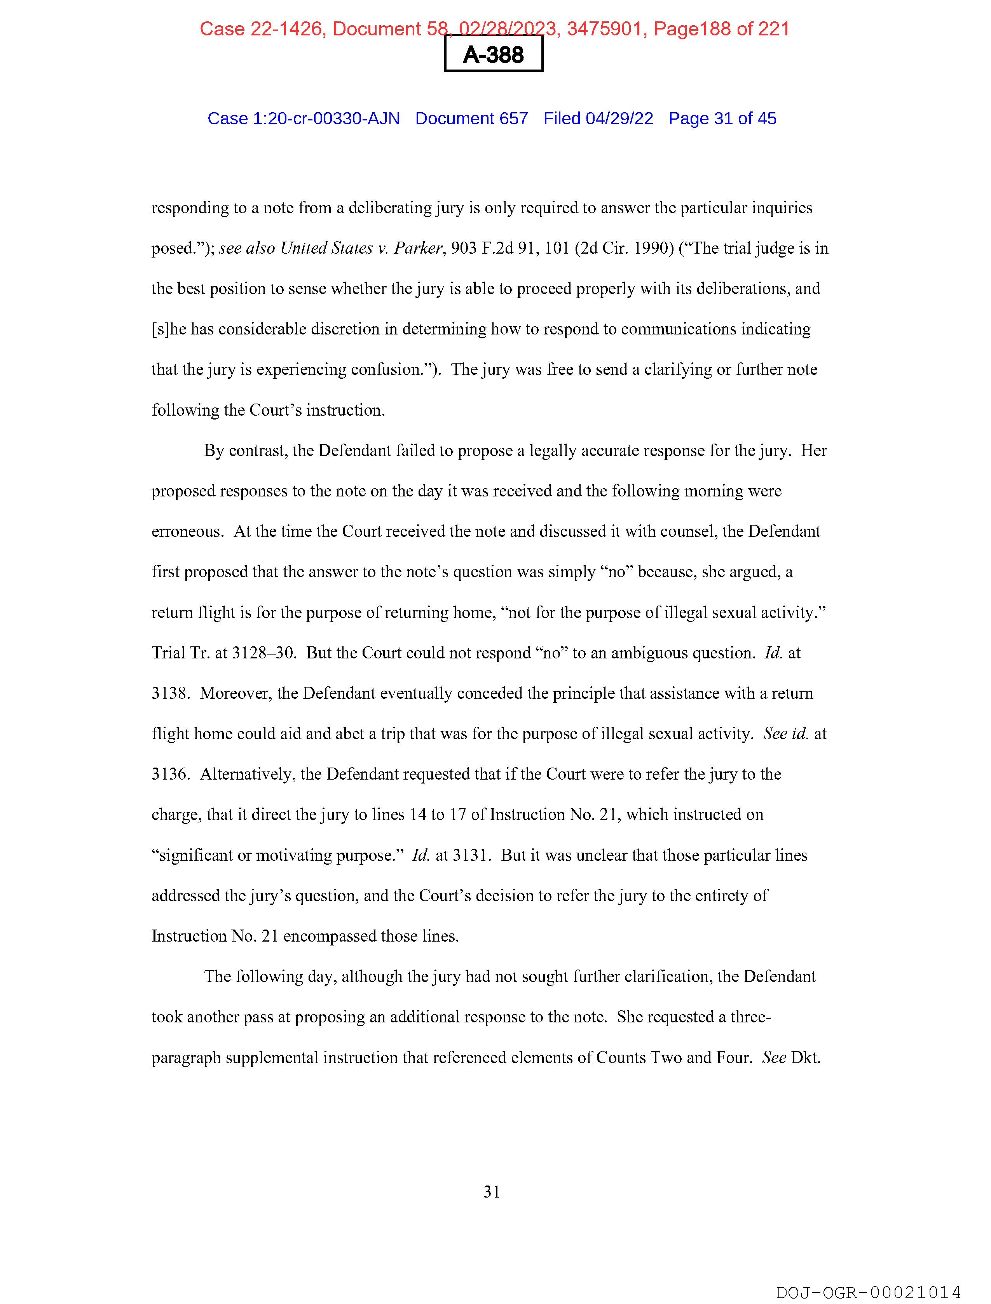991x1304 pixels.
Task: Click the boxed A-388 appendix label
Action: click(493, 54)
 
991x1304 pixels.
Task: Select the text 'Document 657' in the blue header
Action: click(471, 118)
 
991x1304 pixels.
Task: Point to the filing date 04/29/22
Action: click(619, 118)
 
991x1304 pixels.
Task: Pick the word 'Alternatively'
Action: click(246, 774)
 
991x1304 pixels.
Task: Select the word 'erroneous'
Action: click(187, 532)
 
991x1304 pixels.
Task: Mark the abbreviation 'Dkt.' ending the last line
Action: click(806, 1058)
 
